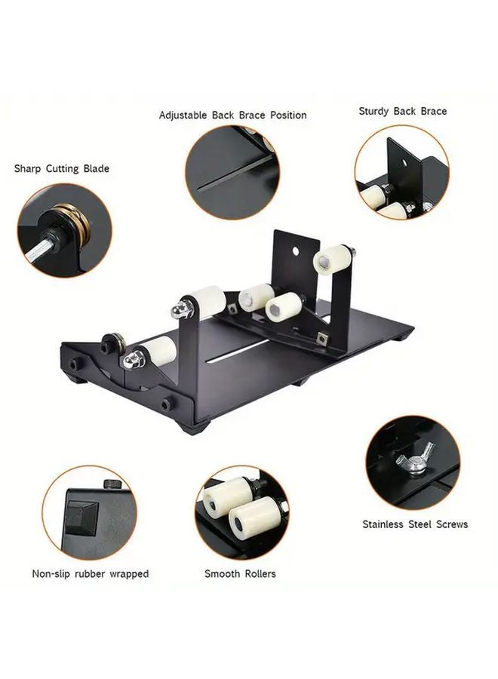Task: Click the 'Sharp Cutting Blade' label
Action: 61,168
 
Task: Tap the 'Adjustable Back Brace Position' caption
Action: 232,115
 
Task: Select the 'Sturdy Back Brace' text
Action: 402,111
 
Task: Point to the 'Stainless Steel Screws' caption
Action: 415,524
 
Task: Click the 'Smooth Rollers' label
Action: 240,574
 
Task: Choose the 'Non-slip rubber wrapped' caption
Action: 90,574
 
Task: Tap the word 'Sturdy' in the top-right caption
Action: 374,111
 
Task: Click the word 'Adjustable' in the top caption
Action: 184,115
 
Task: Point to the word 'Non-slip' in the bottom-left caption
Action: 52,574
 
